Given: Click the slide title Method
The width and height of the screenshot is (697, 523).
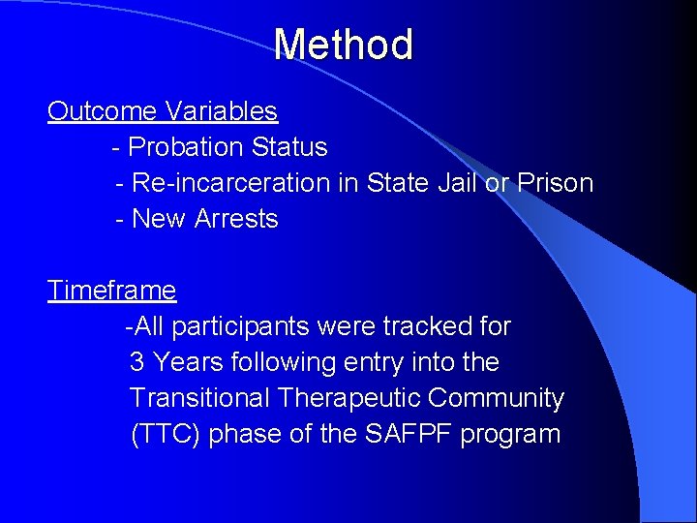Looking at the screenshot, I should [343, 45].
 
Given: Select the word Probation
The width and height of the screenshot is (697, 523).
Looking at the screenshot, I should [186, 147].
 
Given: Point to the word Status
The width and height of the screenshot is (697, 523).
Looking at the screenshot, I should [289, 147].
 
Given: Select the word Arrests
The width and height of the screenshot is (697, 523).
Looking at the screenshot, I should [236, 219].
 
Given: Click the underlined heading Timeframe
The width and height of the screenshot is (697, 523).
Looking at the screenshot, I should [112, 291].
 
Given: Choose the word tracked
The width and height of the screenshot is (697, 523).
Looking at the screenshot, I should [432, 326].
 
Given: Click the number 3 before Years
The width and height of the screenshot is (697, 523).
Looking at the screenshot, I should [137, 362].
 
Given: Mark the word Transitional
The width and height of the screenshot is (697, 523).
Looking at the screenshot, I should [200, 398].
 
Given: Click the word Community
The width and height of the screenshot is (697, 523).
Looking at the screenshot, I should [497, 398].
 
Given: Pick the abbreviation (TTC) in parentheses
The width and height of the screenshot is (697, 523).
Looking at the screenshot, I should [166, 434].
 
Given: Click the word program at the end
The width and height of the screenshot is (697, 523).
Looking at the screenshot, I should [511, 435].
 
